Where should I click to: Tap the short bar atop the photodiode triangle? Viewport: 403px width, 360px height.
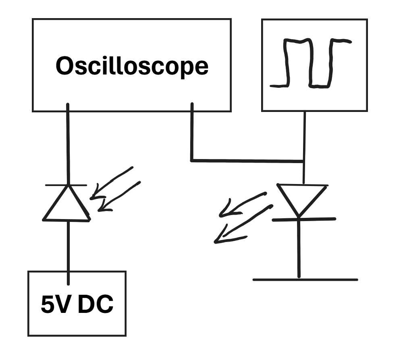coord(66,185)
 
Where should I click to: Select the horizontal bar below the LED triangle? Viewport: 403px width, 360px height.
coord(304,219)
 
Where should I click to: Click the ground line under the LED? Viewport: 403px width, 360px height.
coord(305,279)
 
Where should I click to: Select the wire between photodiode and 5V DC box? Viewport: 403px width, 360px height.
coord(68,246)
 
